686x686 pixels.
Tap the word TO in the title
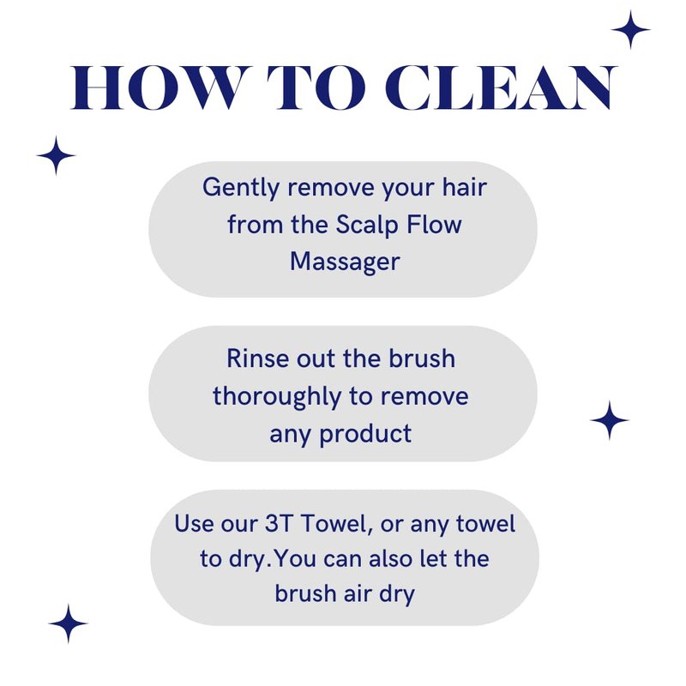click(316, 88)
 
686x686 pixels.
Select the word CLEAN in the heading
click(501, 88)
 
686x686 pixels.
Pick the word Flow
click(434, 226)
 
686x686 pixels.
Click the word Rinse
click(258, 358)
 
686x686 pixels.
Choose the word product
click(365, 435)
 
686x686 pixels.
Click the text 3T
click(279, 523)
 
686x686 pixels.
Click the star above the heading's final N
click(630, 30)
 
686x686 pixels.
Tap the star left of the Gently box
click(56, 155)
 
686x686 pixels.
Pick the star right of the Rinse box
click(610, 420)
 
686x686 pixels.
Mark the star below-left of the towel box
click(68, 624)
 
